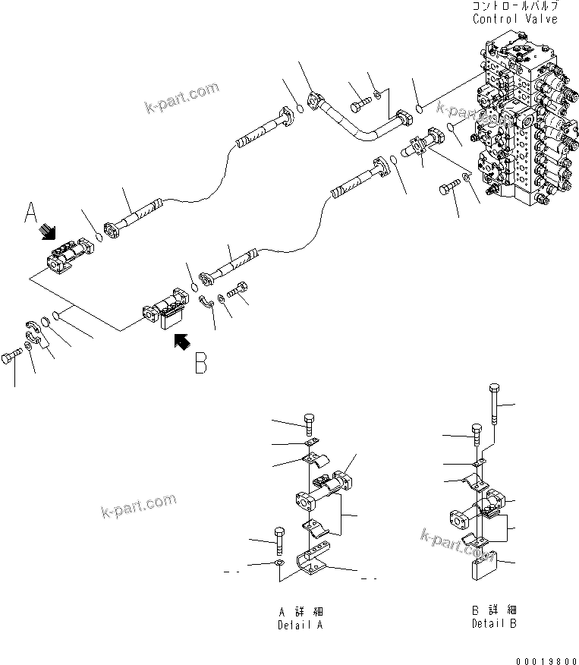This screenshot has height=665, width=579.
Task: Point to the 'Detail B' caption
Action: click(494, 624)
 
